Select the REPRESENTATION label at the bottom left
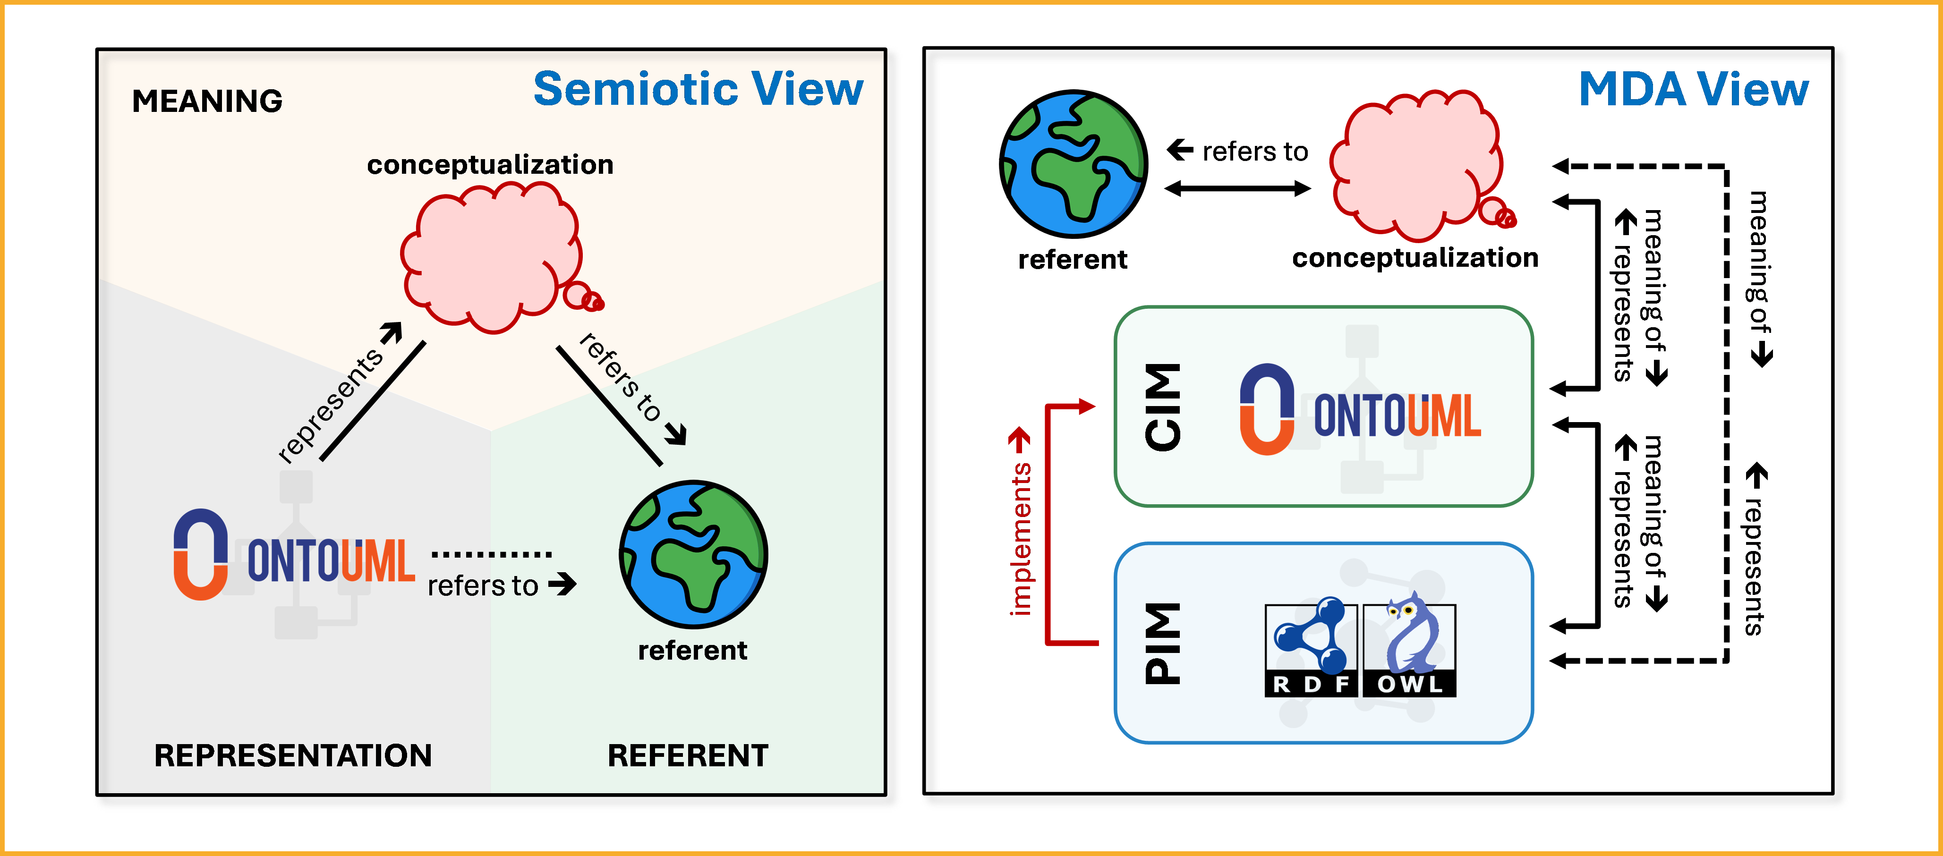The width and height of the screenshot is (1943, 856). (x=293, y=755)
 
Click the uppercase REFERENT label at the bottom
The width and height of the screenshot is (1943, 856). (x=687, y=755)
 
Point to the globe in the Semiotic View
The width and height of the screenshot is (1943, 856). (x=693, y=554)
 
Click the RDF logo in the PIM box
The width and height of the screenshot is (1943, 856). (x=1310, y=649)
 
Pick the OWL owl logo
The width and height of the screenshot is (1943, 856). (x=1409, y=649)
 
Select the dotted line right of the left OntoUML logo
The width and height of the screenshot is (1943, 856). (x=492, y=554)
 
